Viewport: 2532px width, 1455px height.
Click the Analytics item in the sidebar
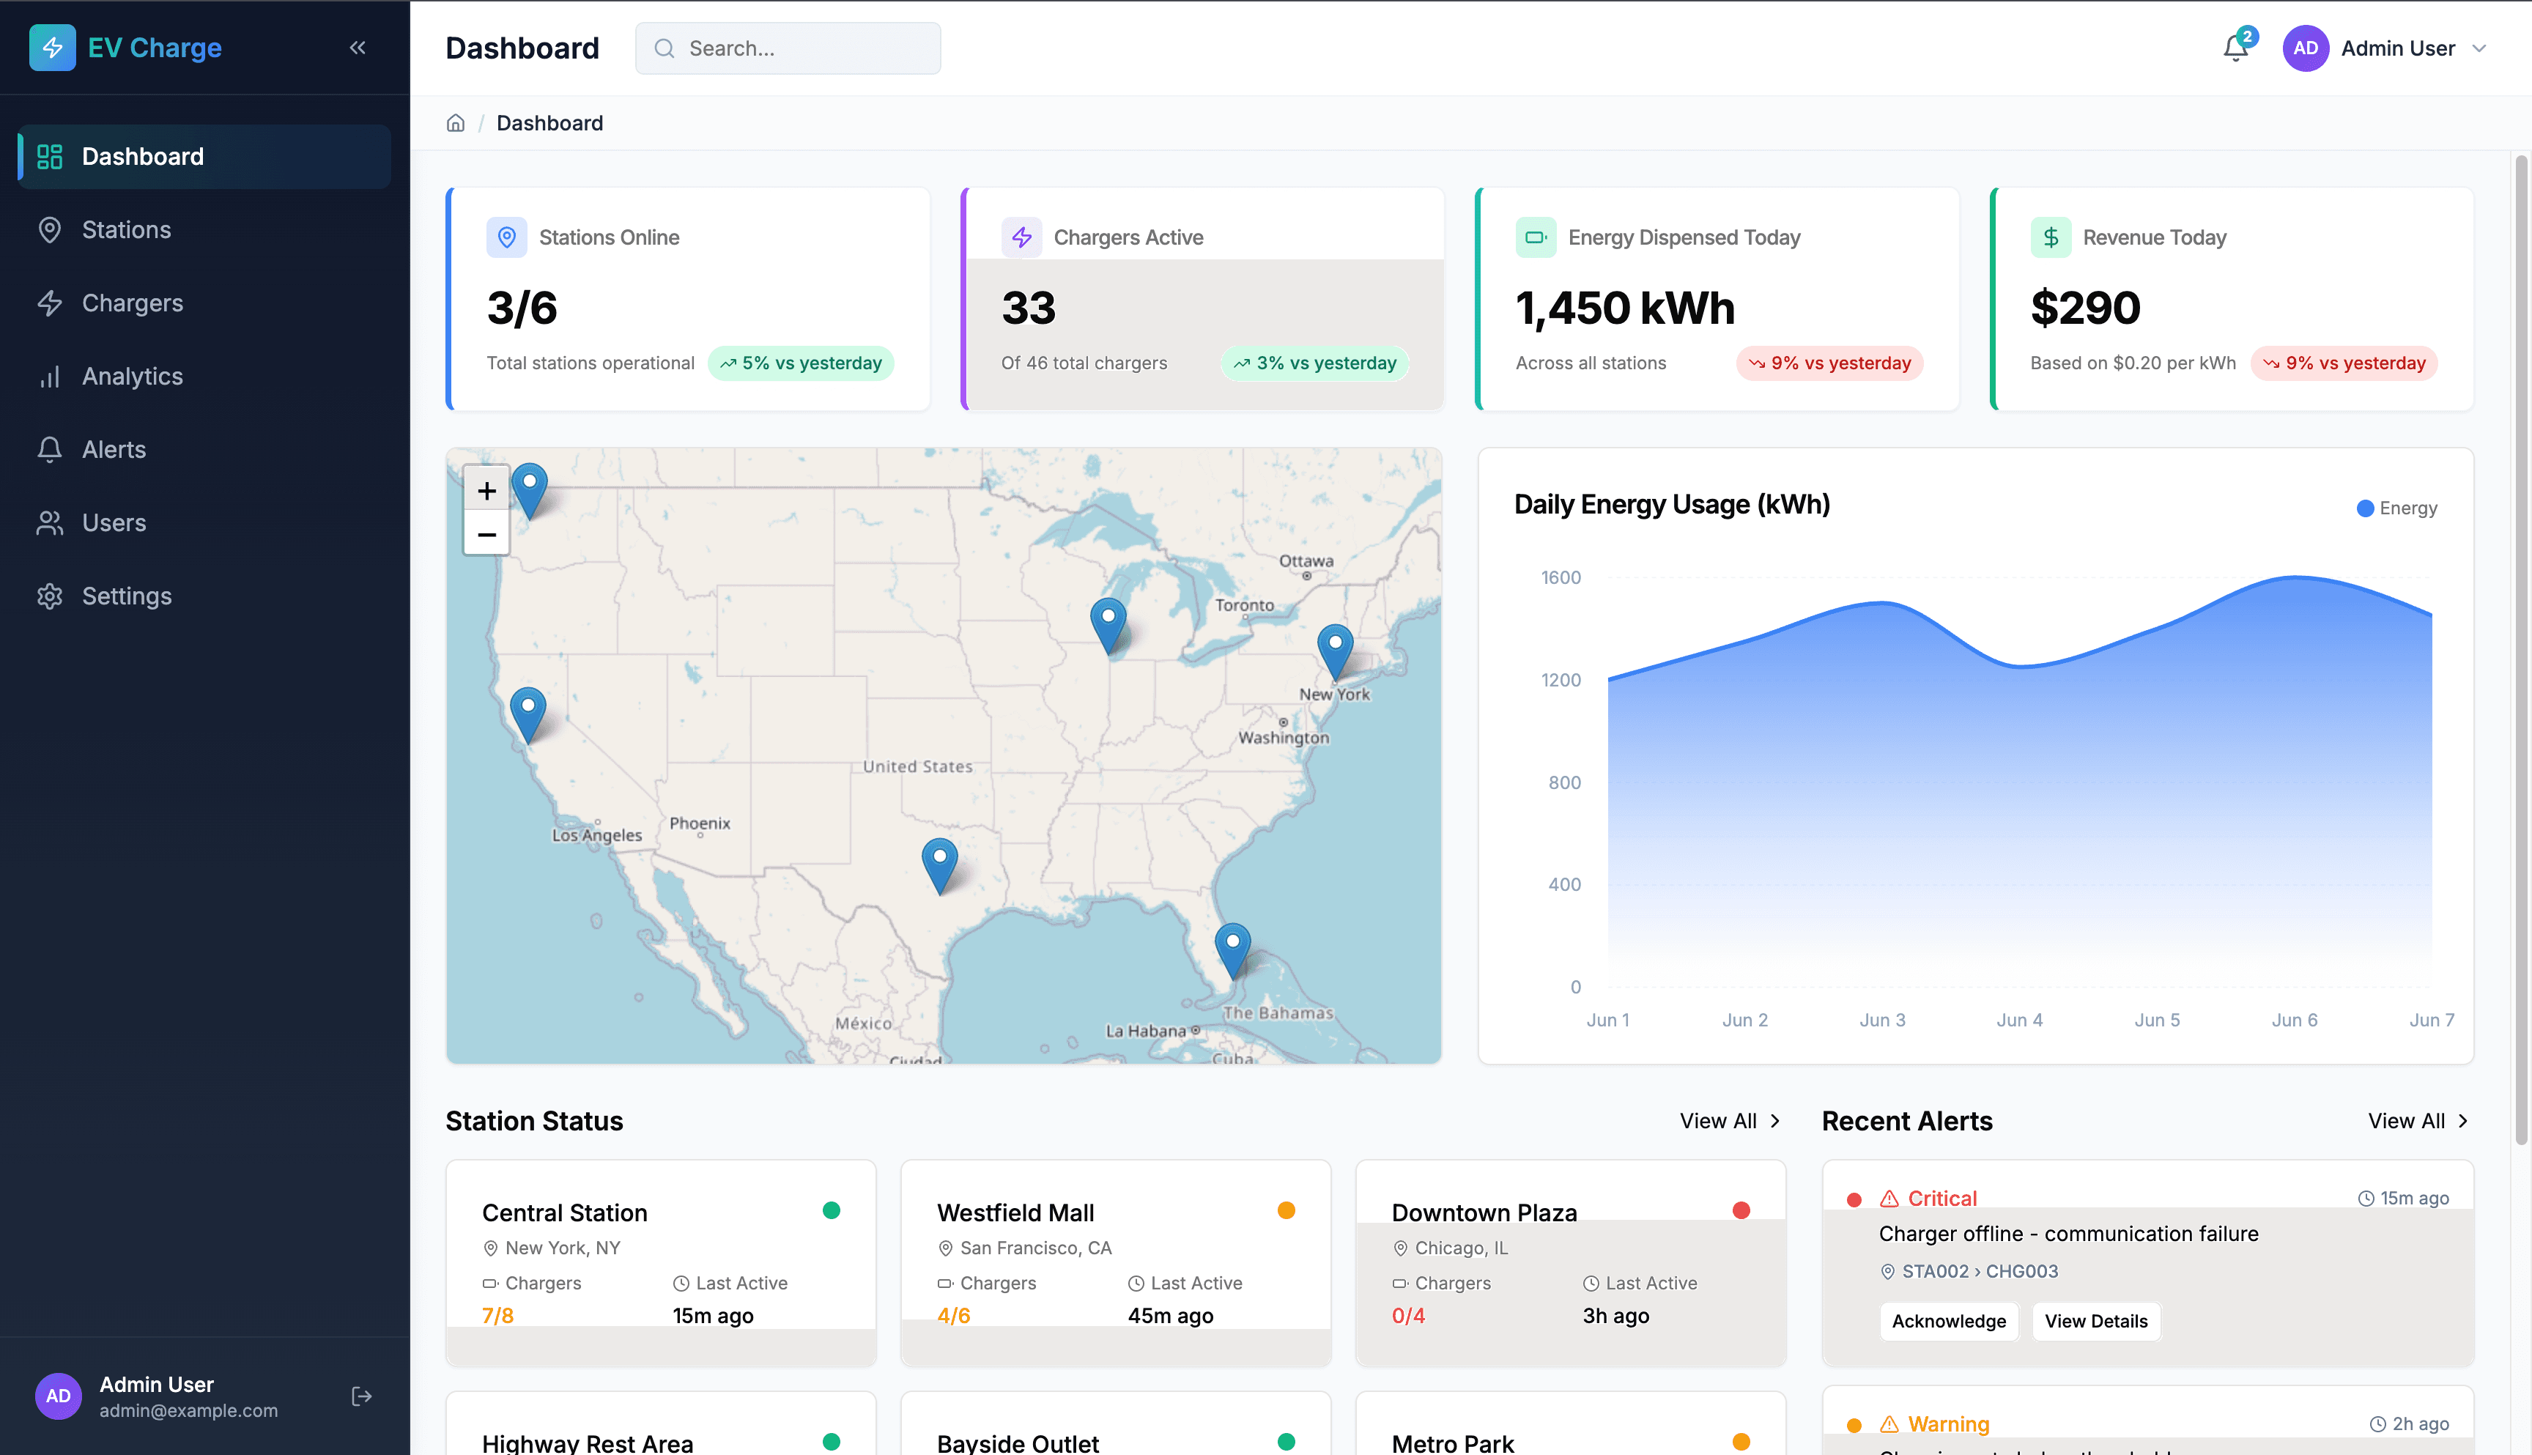[x=132, y=377]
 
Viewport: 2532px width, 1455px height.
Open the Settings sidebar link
[x=126, y=596]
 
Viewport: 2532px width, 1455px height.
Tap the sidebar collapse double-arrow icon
[x=358, y=48]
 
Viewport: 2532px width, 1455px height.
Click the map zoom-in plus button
[x=486, y=491]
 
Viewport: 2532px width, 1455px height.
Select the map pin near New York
[x=1335, y=648]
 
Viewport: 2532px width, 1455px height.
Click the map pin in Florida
[x=1232, y=947]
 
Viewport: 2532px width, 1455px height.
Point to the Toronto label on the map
[x=1244, y=606]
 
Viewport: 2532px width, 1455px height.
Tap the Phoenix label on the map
[x=700, y=823]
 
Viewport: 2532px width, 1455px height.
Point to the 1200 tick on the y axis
[x=1561, y=681]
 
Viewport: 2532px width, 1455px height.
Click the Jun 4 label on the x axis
[x=2019, y=1021]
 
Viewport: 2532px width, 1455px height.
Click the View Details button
[x=2095, y=1321]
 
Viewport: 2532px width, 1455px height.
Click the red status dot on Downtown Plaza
[x=1741, y=1211]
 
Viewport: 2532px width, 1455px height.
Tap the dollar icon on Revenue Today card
[x=2051, y=238]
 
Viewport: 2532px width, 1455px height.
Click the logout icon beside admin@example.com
[x=362, y=1397]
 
